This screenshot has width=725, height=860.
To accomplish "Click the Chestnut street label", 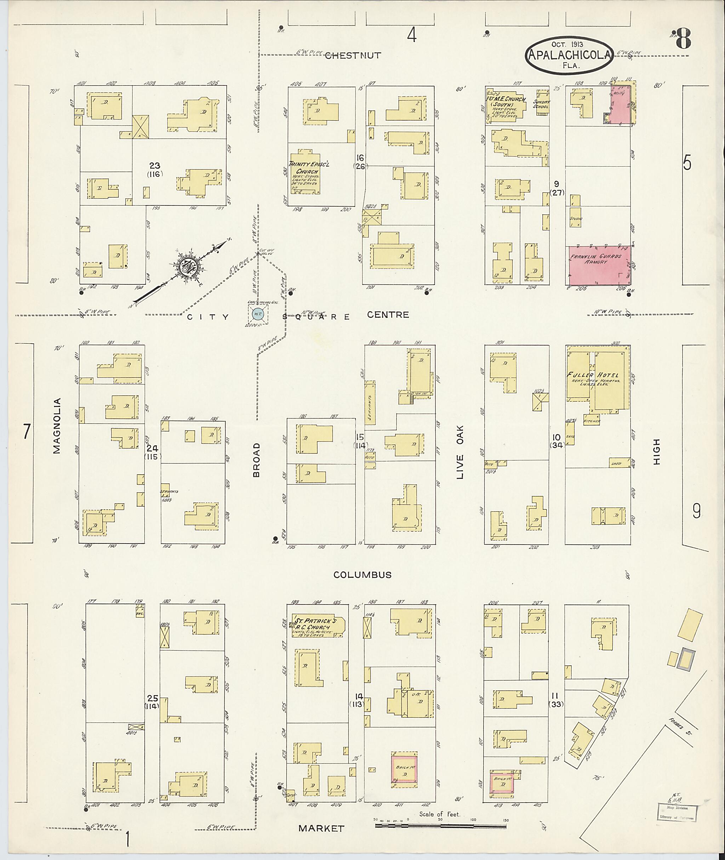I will [353, 56].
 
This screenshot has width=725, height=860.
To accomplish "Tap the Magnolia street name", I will [57, 426].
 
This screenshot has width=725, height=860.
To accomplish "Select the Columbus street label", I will [362, 575].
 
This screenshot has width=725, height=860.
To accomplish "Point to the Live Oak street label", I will [459, 452].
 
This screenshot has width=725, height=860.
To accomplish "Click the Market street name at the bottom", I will [321, 828].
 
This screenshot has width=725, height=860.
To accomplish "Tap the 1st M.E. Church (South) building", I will [506, 105].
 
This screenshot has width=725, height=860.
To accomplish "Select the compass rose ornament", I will [188, 265].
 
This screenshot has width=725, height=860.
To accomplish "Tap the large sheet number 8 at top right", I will [682, 39].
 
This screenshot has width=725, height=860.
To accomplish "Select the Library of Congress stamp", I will [677, 811].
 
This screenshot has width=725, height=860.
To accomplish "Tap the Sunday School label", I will [541, 104].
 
